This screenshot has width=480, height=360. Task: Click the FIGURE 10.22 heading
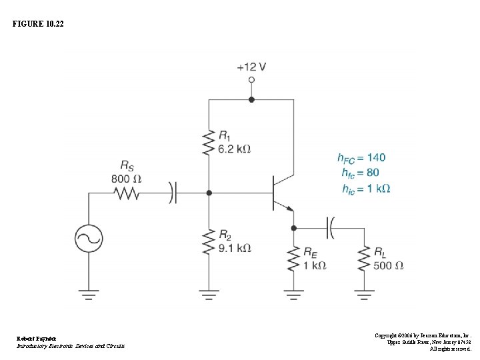point(39,24)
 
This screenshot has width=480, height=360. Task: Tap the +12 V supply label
point(251,67)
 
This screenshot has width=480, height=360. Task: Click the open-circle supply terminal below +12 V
point(251,80)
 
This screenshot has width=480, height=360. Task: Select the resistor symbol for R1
point(209,143)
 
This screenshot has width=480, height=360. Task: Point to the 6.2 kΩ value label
point(235,149)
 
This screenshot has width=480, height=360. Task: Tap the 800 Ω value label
point(126,178)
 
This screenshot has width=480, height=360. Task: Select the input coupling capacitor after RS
point(173,193)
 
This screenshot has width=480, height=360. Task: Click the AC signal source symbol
point(89,237)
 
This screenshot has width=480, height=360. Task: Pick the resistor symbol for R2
point(209,243)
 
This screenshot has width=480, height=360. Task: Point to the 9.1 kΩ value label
point(235,248)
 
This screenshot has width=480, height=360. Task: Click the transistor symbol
point(280,193)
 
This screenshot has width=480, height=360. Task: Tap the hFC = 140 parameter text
point(361,158)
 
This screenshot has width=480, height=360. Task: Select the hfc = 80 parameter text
point(360,173)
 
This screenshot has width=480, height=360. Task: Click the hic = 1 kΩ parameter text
point(365,189)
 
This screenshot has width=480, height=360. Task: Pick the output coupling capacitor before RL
point(330,227)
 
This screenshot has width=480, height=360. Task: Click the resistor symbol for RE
point(293,259)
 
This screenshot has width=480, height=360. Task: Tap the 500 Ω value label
point(388,265)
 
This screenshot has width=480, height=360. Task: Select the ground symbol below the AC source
point(89,293)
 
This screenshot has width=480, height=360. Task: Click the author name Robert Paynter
point(37,339)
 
